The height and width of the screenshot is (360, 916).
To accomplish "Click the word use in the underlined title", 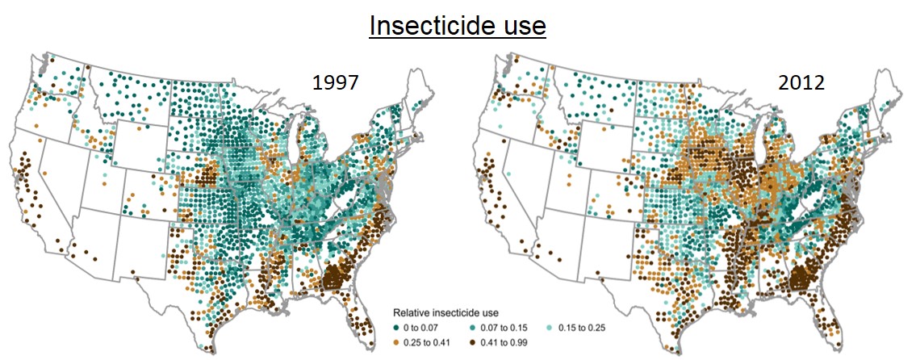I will click(523, 26).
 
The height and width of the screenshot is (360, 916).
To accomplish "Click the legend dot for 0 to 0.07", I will click(396, 327).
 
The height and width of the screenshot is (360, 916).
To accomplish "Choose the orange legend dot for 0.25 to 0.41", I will click(396, 341).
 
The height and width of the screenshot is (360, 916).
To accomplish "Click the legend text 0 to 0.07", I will click(425, 327).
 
